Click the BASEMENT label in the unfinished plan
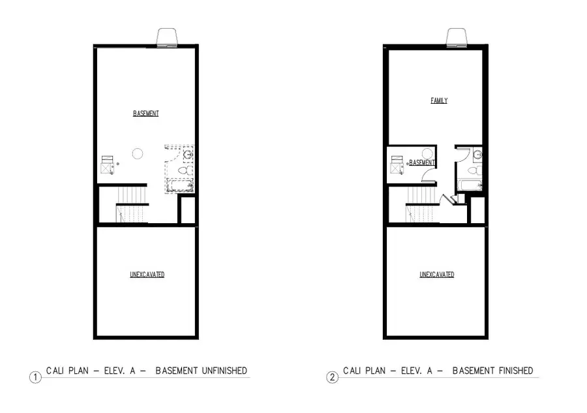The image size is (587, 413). [x=145, y=114]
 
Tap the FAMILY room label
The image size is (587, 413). [x=439, y=100]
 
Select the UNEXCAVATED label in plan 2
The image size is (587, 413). [x=436, y=275]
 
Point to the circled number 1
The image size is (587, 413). [x=35, y=377]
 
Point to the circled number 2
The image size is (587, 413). [x=333, y=377]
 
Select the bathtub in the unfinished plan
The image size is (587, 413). [x=179, y=185]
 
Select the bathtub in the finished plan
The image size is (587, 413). [x=470, y=185]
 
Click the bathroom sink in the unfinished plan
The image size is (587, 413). [x=188, y=155]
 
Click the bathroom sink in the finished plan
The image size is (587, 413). [x=477, y=155]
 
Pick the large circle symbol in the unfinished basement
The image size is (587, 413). [x=137, y=154]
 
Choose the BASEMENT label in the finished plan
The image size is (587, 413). [x=422, y=162]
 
